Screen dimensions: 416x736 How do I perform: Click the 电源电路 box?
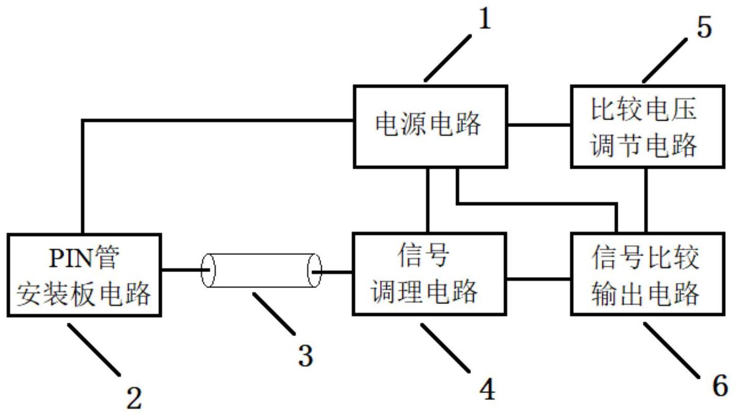[x=429, y=126]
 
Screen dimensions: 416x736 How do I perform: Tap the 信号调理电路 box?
[x=429, y=274]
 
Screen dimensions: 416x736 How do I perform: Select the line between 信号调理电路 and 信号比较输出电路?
[x=538, y=279]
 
